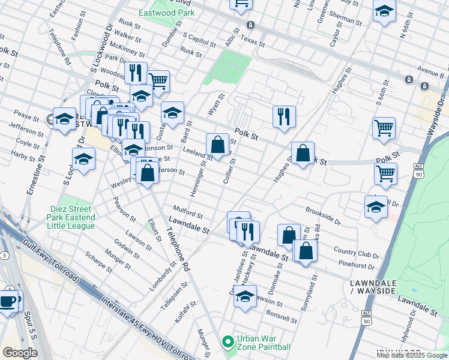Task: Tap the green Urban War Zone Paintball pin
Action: tap(228, 343)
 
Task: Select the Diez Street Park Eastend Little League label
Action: tap(72, 217)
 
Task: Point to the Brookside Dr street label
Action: tap(323, 216)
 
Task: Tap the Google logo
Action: tap(20, 353)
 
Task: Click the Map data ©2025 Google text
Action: tap(412, 355)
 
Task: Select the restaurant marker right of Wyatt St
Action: tap(283, 117)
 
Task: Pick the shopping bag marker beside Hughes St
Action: tap(303, 153)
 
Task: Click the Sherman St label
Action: tap(345, 19)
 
